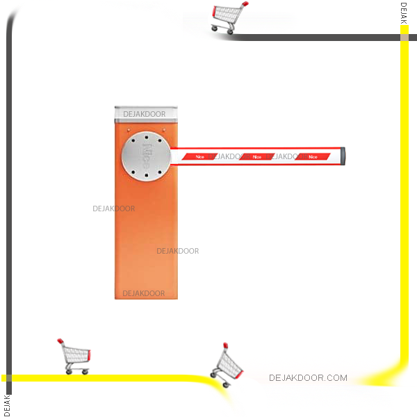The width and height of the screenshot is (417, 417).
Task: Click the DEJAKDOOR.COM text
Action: tap(308, 378)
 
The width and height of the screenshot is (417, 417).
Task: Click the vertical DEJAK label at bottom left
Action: tap(7, 404)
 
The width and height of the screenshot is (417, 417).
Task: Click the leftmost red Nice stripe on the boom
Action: tap(200, 157)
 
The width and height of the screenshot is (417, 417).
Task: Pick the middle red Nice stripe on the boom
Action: tap(256, 157)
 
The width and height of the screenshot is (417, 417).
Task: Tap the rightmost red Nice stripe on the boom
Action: tap(312, 157)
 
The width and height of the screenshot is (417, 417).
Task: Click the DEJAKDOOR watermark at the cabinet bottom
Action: tap(144, 293)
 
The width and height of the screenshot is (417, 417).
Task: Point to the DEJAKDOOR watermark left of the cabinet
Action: tap(114, 208)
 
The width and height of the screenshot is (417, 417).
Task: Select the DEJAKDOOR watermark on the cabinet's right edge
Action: tap(177, 251)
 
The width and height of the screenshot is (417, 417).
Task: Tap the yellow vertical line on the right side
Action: tap(404, 208)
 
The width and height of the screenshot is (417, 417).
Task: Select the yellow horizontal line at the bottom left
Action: tap(104, 378)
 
